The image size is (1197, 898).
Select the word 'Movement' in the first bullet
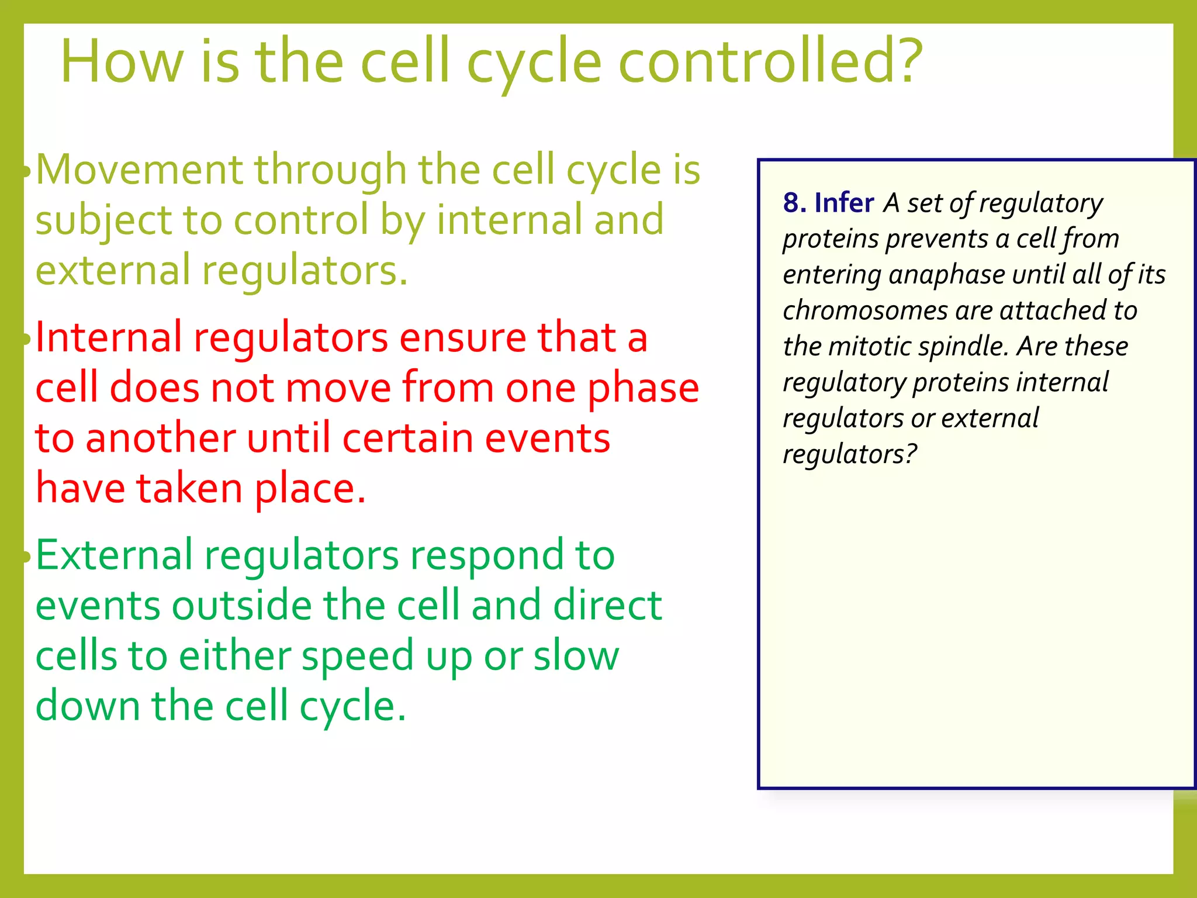click(139, 170)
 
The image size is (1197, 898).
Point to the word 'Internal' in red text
click(108, 338)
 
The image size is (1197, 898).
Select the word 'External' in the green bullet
click(114, 555)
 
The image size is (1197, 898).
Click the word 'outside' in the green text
click(242, 606)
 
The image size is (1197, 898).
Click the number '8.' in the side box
click(795, 203)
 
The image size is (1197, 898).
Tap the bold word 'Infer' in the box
click(844, 203)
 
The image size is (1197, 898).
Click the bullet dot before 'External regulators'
click(26, 557)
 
